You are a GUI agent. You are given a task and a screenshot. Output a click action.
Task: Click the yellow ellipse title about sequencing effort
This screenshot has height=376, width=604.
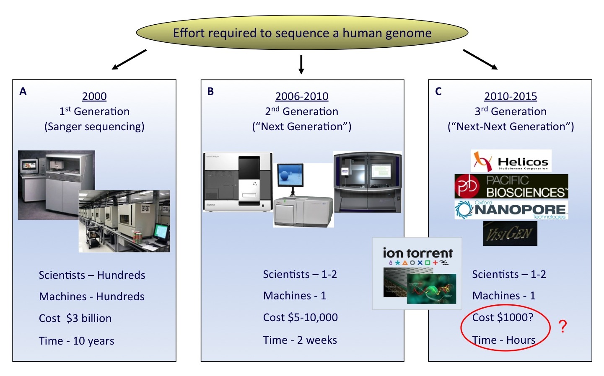coord(302,33)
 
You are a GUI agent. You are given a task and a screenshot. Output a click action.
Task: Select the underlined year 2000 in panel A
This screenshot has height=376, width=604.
coord(94,96)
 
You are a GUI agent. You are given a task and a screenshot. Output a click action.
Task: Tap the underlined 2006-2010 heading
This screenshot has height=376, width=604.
coord(302,96)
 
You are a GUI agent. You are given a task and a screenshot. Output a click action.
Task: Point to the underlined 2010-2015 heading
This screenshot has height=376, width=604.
coord(511,96)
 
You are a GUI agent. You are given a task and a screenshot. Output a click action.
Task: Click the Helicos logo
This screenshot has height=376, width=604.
coord(511,161)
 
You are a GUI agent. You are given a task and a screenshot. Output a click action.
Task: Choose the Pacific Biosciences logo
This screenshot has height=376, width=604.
coord(511,186)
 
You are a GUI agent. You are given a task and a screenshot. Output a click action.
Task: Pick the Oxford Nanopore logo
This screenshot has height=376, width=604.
coord(511,210)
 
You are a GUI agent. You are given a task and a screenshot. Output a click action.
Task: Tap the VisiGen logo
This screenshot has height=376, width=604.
coord(510,234)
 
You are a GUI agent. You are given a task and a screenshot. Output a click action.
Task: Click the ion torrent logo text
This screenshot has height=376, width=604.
coord(417,253)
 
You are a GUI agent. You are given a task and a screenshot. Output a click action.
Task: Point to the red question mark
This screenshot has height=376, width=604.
coord(563,326)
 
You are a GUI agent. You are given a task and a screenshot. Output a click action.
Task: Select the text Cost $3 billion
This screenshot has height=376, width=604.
coord(75,318)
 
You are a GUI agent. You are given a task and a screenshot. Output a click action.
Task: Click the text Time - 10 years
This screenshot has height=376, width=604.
coord(77,341)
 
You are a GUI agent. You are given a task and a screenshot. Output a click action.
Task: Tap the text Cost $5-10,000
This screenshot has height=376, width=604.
coord(301,317)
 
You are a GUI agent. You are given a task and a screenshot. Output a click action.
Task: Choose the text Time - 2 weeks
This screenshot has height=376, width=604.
coord(300,340)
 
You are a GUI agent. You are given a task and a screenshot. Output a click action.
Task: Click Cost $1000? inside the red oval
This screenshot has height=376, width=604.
coord(503,317)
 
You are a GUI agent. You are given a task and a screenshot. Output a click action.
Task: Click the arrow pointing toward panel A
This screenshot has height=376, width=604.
coord(129,59)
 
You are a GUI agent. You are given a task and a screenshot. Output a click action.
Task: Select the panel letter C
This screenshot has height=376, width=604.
coord(438,91)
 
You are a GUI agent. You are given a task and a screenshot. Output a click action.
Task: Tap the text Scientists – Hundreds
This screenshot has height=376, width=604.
coord(92,275)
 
